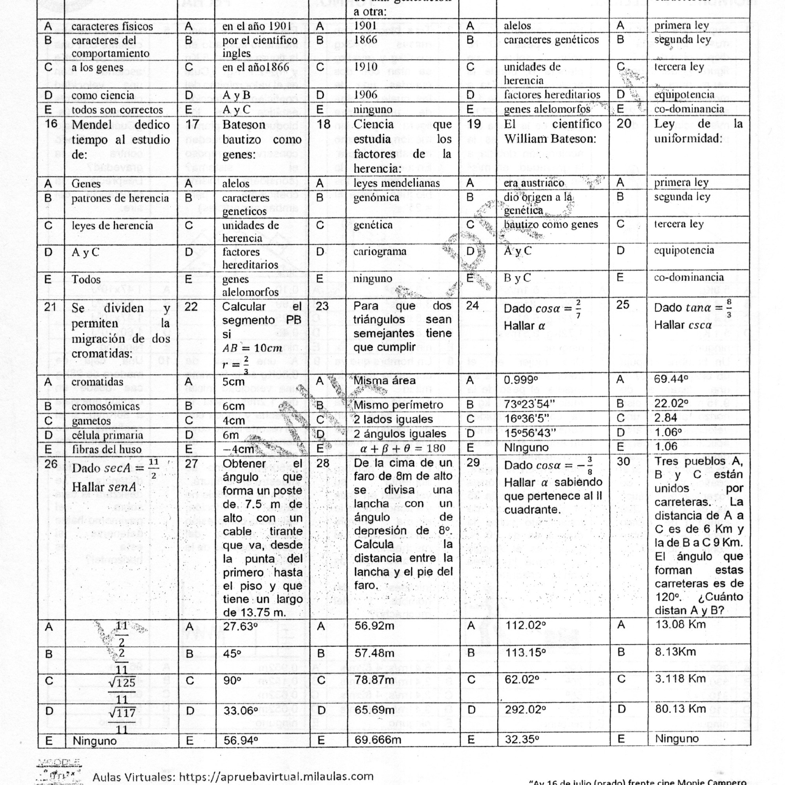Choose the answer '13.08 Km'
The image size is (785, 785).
[680, 624]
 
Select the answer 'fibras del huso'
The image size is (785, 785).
[106, 449]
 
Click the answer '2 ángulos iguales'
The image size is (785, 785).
[400, 433]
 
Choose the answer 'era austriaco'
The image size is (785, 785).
[534, 183]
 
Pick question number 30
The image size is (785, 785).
[623, 462]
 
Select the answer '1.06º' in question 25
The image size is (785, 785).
[665, 432]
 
